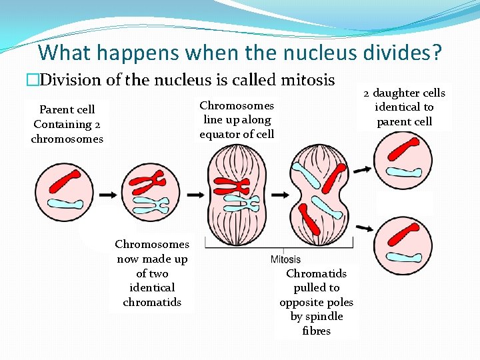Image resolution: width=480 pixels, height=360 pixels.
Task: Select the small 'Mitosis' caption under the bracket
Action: (285, 259)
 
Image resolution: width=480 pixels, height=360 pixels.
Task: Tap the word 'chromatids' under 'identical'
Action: (152, 302)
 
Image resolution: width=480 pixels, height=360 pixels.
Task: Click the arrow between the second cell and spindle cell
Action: (195, 194)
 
